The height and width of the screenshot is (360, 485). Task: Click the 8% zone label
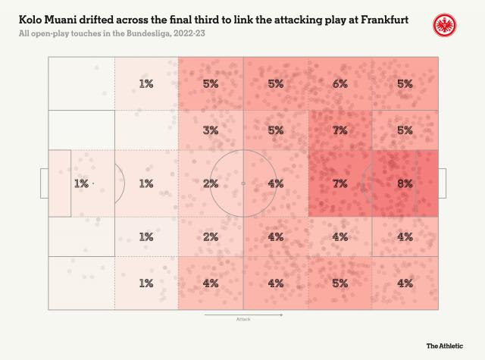click(405, 183)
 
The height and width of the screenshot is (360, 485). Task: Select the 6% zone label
click(339, 83)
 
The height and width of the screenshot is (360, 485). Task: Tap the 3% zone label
click(211, 130)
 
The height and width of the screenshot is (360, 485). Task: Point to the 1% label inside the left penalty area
click(82, 183)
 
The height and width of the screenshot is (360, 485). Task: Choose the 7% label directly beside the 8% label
click(339, 183)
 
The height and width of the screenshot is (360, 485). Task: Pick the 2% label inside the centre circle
click(211, 183)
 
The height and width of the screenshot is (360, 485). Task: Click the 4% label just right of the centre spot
click(275, 183)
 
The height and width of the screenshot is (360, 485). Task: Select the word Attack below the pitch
click(242, 319)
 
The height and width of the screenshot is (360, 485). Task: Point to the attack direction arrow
click(242, 313)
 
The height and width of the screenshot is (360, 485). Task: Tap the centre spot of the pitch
click(243, 183)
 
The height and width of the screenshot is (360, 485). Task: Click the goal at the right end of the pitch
click(442, 183)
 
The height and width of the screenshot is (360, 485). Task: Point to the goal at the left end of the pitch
click(44, 183)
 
